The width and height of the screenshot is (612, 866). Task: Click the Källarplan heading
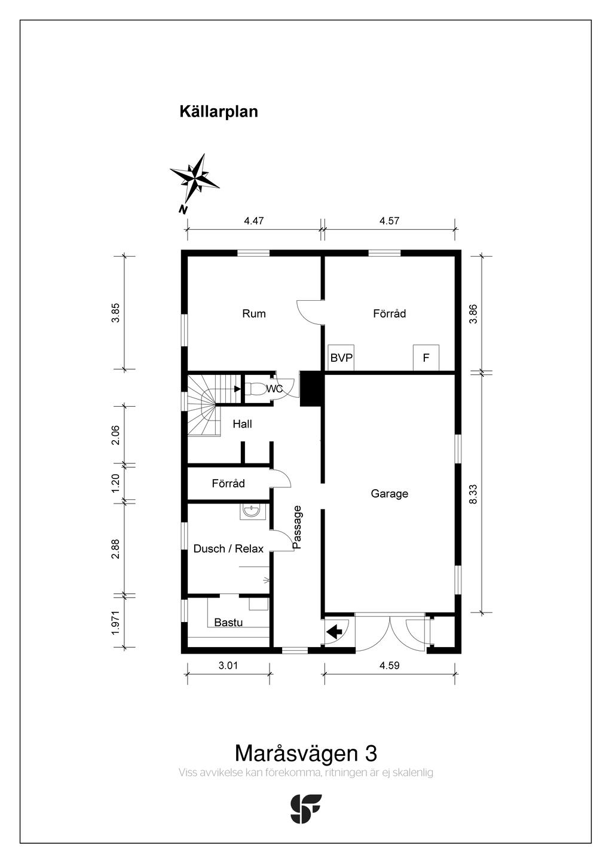click(x=219, y=112)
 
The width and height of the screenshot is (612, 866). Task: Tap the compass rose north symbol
click(x=195, y=178)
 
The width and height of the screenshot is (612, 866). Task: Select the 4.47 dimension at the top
click(x=253, y=221)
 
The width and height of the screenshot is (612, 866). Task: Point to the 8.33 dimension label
click(x=473, y=495)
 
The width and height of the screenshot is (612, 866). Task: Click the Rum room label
click(x=253, y=313)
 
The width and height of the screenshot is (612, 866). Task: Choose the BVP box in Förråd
click(x=341, y=358)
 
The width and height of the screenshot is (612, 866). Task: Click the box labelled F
click(x=426, y=358)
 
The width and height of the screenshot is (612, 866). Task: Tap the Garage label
click(x=389, y=493)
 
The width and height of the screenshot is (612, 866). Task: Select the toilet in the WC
click(x=256, y=389)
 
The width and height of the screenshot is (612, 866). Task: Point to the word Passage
click(x=298, y=527)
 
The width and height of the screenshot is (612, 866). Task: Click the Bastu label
click(x=228, y=623)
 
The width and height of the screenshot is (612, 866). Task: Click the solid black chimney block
click(x=311, y=389)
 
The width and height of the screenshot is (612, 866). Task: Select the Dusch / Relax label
click(x=228, y=548)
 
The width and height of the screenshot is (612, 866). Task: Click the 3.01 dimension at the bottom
click(x=228, y=665)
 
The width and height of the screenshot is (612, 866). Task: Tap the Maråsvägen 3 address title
click(x=305, y=752)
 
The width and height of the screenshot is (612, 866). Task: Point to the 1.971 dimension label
click(x=116, y=622)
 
